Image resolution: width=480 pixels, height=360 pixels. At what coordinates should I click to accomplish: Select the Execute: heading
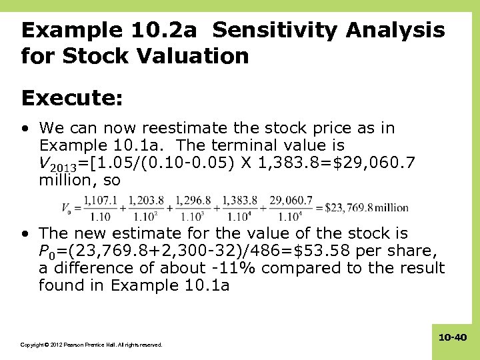tap(72, 98)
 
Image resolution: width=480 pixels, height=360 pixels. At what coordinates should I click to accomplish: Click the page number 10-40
tap(453, 338)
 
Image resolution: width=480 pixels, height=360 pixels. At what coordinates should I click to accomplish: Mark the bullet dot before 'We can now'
tap(25, 128)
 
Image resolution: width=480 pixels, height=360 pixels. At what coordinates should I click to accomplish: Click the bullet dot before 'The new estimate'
tap(25, 234)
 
